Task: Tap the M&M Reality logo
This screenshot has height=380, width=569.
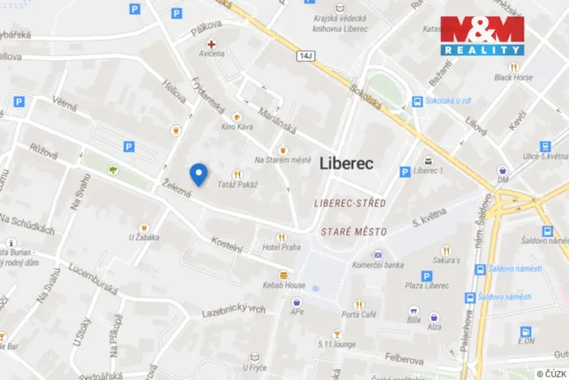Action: [481, 35]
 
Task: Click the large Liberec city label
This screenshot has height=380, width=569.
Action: [346, 162]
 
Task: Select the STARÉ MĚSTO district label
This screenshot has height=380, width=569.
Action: [353, 231]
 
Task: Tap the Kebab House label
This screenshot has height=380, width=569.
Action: [284, 285]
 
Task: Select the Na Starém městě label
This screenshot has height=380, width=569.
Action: [282, 160]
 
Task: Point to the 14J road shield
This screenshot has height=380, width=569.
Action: [304, 56]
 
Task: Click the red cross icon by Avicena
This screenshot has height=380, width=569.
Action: [212, 44]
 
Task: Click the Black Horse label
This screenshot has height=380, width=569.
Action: [513, 78]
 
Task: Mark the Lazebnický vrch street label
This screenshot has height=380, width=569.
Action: [233, 310]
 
